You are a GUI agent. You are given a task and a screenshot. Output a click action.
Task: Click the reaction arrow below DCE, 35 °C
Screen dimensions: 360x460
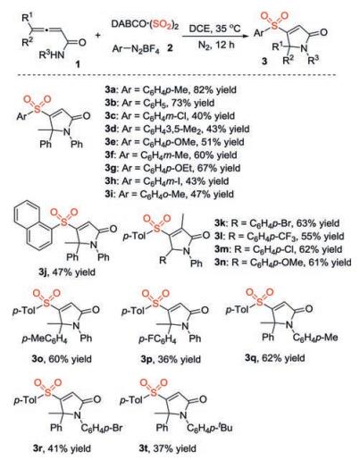click(x=215, y=37)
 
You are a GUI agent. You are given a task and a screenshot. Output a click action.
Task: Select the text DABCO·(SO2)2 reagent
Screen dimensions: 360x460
click(x=145, y=24)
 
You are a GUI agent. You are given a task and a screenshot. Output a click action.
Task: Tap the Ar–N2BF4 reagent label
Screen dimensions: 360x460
click(x=136, y=48)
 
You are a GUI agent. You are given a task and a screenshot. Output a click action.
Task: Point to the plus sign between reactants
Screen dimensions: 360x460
click(x=98, y=36)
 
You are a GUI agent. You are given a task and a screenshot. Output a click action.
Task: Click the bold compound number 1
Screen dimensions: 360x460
click(x=78, y=63)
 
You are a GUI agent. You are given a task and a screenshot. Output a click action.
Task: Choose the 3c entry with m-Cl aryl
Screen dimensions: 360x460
click(x=170, y=116)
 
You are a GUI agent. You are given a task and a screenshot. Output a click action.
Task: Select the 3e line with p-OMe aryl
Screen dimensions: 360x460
click(x=174, y=142)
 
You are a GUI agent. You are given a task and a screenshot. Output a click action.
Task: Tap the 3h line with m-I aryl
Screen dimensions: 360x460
click(x=166, y=181)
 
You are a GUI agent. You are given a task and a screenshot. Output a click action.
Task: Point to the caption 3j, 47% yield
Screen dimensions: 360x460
click(x=67, y=272)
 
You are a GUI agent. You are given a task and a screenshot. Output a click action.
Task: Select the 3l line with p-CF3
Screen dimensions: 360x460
click(x=279, y=237)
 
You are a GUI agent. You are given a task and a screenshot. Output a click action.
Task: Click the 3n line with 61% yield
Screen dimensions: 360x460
click(x=282, y=263)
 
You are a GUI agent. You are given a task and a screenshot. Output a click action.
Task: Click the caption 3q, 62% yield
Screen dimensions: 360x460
click(x=274, y=358)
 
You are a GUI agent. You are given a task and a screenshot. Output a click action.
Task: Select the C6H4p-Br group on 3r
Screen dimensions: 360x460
click(x=102, y=428)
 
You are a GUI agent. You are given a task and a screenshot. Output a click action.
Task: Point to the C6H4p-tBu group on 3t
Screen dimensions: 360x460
click(x=210, y=428)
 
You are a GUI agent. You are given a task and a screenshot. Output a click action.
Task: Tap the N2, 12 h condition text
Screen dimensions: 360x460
click(x=216, y=45)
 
